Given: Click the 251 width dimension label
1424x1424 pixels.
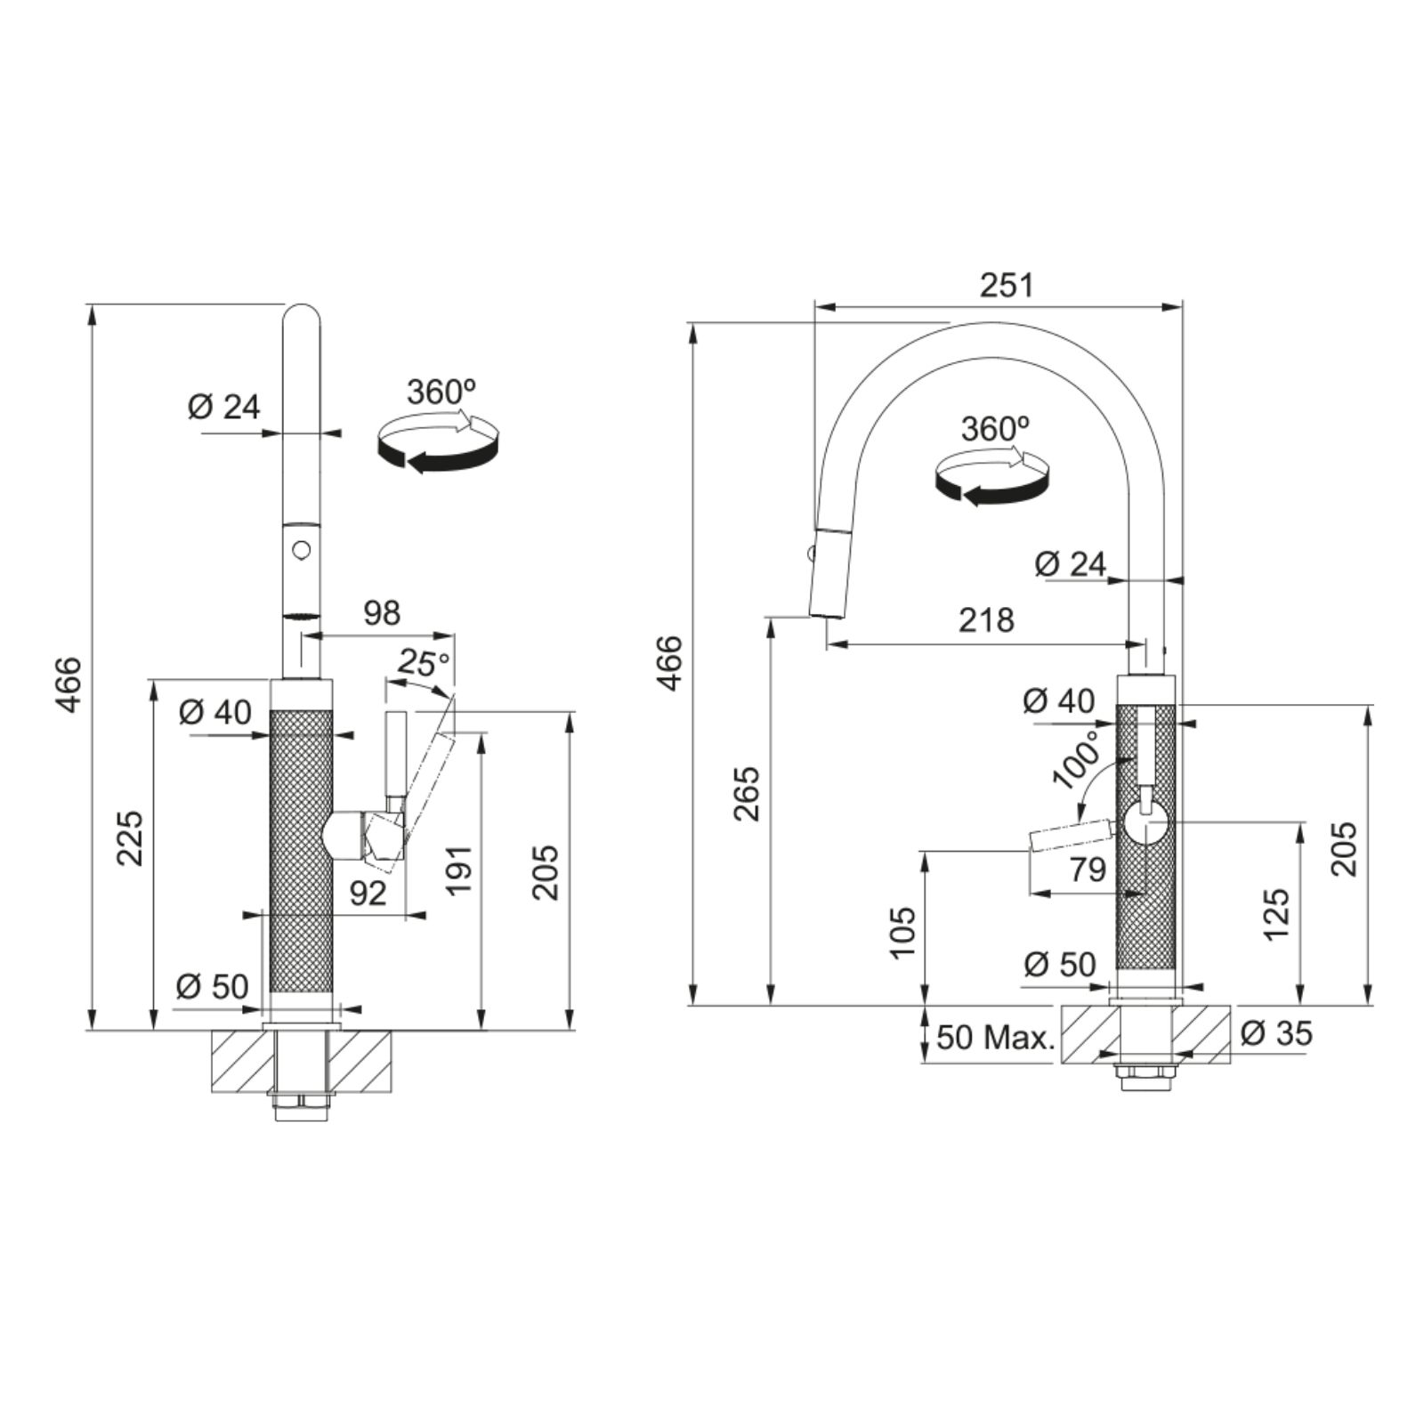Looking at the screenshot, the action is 1007,285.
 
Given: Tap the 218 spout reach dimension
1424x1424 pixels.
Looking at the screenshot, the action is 986,619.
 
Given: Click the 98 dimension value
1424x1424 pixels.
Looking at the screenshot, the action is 382,612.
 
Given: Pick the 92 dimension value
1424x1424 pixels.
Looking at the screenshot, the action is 368,893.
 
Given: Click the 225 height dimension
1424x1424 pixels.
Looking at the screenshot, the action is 131,837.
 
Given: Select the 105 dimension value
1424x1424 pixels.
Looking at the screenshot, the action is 902,931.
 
